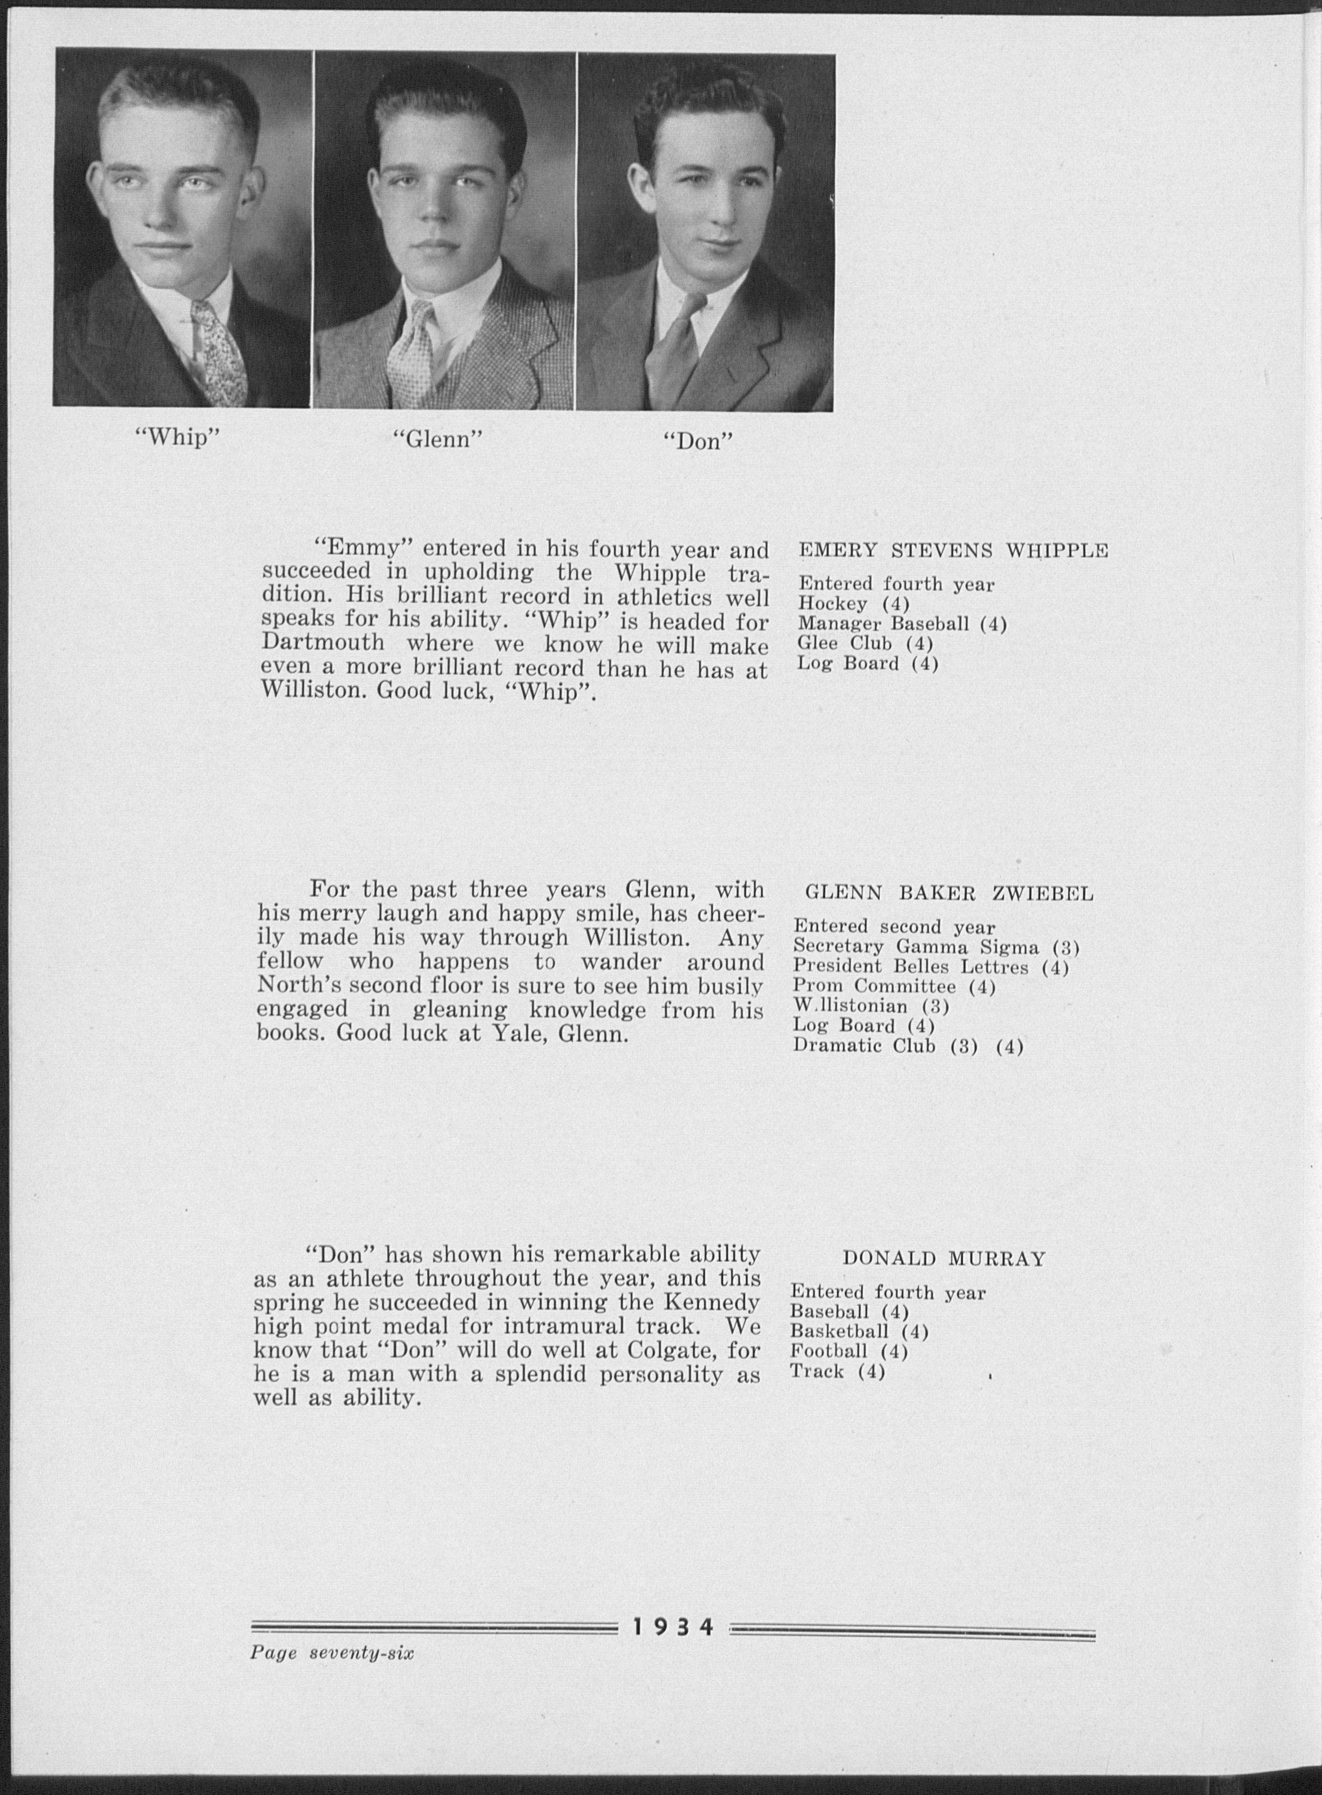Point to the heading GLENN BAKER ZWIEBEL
[x=949, y=894]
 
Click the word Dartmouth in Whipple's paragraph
[x=322, y=644]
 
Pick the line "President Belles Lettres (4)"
[x=931, y=967]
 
